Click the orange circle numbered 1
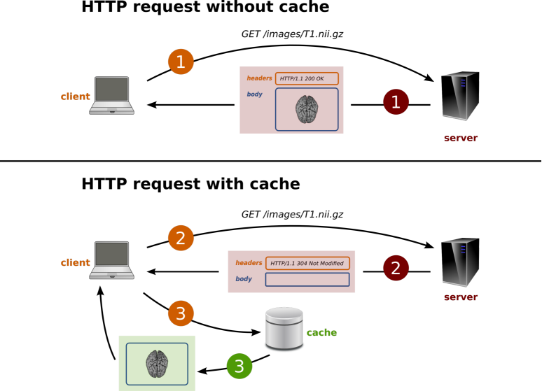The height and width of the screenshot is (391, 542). (x=181, y=62)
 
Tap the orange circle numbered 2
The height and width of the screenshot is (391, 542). (x=181, y=238)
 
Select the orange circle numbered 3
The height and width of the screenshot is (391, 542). (x=181, y=313)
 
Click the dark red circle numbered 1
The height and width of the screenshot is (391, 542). (x=396, y=102)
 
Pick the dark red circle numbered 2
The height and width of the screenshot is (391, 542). (x=396, y=268)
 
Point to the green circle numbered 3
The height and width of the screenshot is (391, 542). (x=239, y=366)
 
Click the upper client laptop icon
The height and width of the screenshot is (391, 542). (x=111, y=95)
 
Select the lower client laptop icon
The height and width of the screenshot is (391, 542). (x=111, y=260)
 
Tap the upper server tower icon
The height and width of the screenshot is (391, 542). (x=460, y=96)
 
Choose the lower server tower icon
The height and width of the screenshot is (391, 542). (x=460, y=262)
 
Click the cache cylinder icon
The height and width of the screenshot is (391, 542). (x=284, y=329)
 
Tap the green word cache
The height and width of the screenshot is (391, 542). (x=321, y=332)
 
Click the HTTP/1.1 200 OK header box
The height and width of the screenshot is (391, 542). (x=307, y=78)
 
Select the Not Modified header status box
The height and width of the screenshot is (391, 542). (x=307, y=263)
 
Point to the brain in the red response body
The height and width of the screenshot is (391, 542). (x=307, y=110)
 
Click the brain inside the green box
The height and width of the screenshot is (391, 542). (x=157, y=364)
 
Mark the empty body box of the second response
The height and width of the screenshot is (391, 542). (x=307, y=279)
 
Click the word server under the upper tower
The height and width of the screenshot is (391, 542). (x=460, y=138)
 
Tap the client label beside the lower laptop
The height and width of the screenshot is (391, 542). (x=75, y=262)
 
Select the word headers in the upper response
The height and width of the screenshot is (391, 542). (x=259, y=78)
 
